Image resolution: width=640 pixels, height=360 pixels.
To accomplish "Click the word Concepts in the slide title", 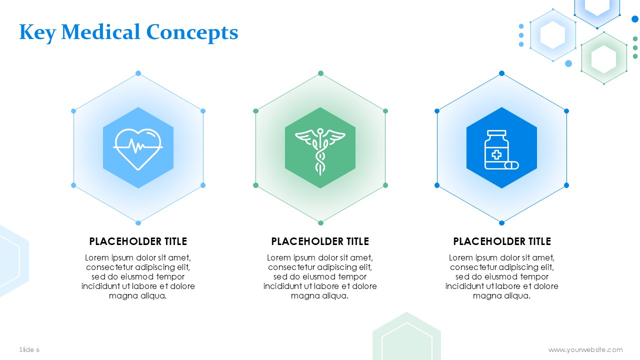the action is pos(192,33).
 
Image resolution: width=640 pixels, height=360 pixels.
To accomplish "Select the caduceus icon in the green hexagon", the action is pos(320,151).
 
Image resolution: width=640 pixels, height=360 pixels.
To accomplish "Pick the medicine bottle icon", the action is pos(501,149).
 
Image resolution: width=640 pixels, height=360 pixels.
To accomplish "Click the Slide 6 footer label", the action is pos(29,349).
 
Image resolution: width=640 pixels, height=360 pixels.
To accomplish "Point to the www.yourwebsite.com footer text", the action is pos(585,349).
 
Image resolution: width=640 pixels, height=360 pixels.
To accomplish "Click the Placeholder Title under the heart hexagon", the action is pos(138,241).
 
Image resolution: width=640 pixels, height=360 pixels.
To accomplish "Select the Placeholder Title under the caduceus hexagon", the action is pos(320,241).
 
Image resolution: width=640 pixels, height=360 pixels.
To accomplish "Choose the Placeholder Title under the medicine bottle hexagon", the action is pos(502,241).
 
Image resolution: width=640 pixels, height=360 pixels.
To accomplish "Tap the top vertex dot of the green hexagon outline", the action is pos(320,73).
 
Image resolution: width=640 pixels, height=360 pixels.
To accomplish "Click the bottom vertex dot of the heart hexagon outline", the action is pos(138,223).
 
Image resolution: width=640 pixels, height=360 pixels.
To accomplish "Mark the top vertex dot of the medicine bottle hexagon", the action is pos(501,73).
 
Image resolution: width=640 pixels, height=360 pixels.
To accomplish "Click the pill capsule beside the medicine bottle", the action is pos(511,165).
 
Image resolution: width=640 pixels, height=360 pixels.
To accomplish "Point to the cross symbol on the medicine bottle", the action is pos(496,155).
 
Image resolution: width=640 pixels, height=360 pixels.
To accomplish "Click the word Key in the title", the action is pos(37,33).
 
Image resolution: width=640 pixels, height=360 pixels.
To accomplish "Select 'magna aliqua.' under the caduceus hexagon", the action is pos(319,296).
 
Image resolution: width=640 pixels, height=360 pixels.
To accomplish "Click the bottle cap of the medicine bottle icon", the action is pos(496,133).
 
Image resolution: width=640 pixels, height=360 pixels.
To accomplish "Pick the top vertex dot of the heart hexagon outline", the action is pos(138,73).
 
